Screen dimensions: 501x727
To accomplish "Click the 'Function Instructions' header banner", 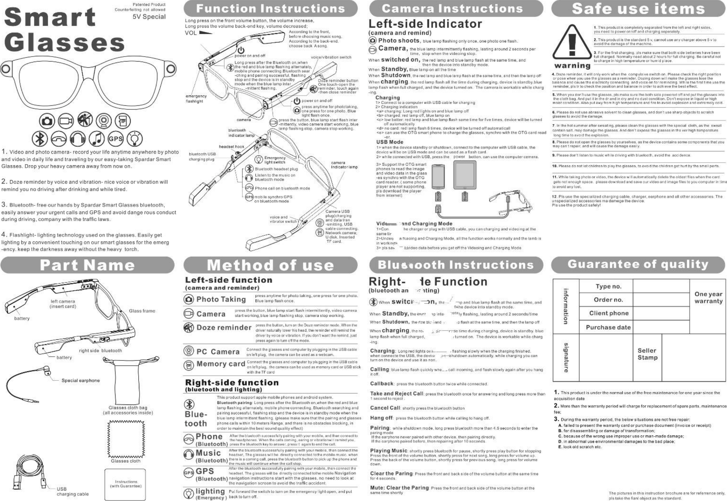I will point(270,9).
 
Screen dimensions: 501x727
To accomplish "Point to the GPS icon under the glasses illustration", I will point(115,139).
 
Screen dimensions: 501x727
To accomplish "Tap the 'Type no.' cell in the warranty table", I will point(608,286).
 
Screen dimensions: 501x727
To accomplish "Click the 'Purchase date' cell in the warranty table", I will point(608,327).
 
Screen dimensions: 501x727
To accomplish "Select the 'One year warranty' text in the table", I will point(708,298).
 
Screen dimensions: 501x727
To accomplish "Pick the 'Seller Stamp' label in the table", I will point(647,354).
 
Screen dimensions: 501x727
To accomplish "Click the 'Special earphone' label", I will point(81,381).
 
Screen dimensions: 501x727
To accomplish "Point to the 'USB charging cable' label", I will point(72,491).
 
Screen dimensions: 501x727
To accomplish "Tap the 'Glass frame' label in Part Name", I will point(142,311).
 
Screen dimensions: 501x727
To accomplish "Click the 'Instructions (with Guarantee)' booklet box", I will point(126,484).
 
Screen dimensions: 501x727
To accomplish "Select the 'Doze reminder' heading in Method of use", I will point(224,328).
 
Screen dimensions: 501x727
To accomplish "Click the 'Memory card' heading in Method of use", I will point(221,364).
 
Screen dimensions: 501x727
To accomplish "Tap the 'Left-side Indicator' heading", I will point(425,24).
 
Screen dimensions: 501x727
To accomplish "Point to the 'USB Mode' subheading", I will point(390,142).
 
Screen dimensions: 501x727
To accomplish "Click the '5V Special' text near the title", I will point(149,17).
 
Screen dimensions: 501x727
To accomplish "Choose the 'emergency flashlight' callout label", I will point(196,99).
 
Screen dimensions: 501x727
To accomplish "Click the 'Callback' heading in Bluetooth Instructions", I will point(382,383).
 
